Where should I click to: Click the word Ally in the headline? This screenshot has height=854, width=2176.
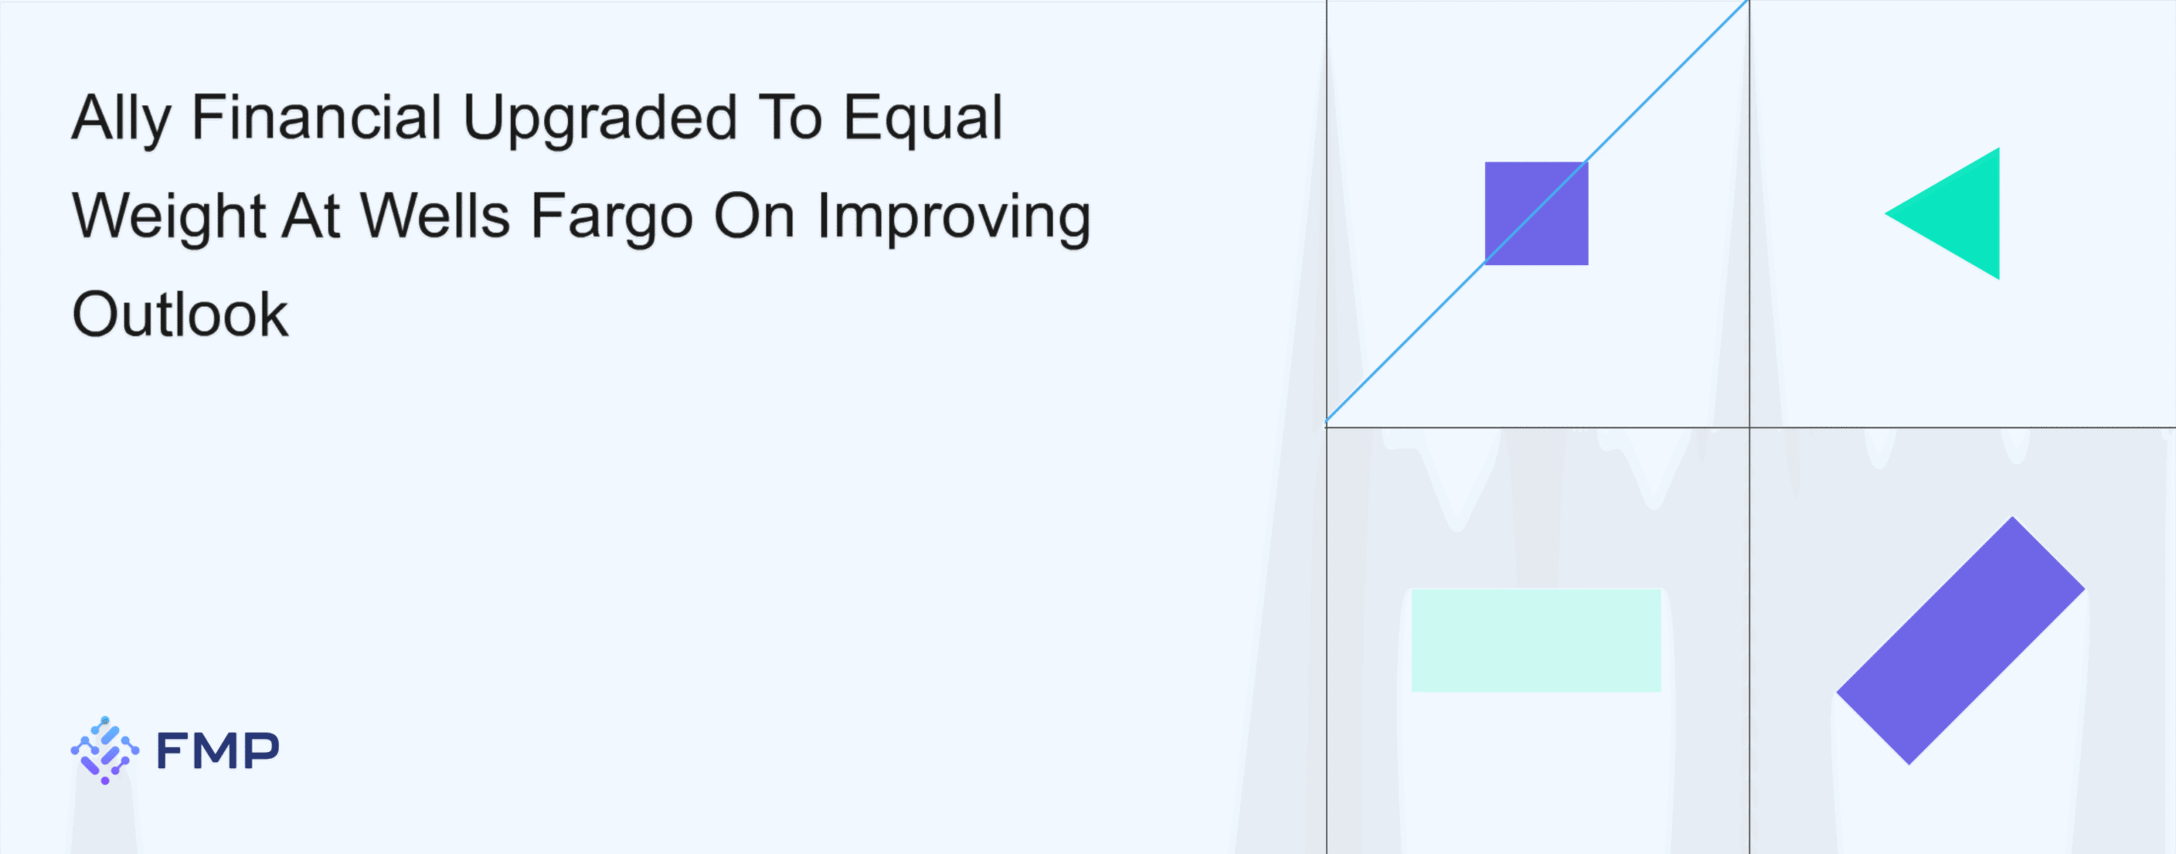pos(122,120)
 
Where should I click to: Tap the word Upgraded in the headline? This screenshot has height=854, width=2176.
pos(600,120)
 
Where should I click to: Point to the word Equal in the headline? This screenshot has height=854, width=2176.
pos(923,120)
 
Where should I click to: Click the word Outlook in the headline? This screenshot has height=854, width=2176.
pos(180,314)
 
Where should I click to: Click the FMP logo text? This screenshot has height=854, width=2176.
pos(218,750)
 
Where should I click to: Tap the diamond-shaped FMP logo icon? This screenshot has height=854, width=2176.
pos(105,750)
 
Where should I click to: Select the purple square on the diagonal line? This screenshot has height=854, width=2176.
pos(1536,213)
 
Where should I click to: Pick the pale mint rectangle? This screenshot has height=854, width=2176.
pos(1536,640)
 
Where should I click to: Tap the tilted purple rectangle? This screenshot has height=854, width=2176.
pos(1960,641)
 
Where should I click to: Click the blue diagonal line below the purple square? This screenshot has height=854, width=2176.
pos(1405,343)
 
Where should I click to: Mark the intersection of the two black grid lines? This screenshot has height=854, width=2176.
pos(1749,427)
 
